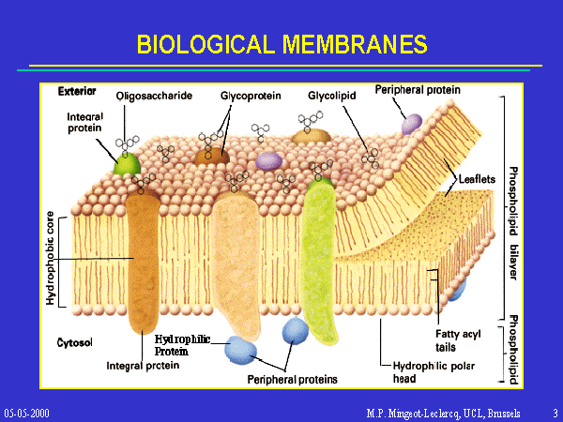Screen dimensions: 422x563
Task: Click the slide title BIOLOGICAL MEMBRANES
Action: point(281,44)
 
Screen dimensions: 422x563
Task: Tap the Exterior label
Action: point(77,92)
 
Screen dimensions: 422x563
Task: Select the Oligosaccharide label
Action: point(155,96)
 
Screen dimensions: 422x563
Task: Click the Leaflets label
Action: point(477,179)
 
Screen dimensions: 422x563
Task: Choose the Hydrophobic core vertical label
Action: point(51,260)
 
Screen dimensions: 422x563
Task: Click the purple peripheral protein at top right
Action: point(411,123)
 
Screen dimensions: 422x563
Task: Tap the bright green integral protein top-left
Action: point(123,164)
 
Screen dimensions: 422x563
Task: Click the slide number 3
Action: point(555,413)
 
